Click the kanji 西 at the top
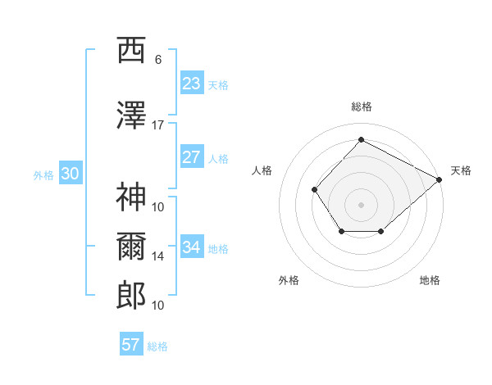pyautogui.click(x=131, y=50)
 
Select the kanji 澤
pyautogui.click(x=131, y=115)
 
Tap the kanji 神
pyautogui.click(x=131, y=197)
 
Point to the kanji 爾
pyautogui.click(x=131, y=247)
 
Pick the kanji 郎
pyautogui.click(x=131, y=296)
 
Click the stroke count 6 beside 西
pyautogui.click(x=158, y=60)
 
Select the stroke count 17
pyautogui.click(x=157, y=125)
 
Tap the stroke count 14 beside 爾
pyautogui.click(x=157, y=256)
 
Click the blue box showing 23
pyautogui.click(x=192, y=83)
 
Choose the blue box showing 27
pyautogui.click(x=192, y=156)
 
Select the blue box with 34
pyautogui.click(x=192, y=246)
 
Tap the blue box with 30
pyautogui.click(x=71, y=173)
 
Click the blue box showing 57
pyautogui.click(x=131, y=343)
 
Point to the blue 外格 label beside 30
pyautogui.click(x=43, y=175)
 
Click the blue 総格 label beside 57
pyautogui.click(x=157, y=346)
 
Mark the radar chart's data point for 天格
pyautogui.click(x=439, y=179)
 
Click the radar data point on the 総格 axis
pyautogui.click(x=361, y=139)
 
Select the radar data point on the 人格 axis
pyautogui.click(x=314, y=189)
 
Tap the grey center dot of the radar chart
pyautogui.click(x=361, y=205)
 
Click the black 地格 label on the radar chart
pyautogui.click(x=430, y=280)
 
